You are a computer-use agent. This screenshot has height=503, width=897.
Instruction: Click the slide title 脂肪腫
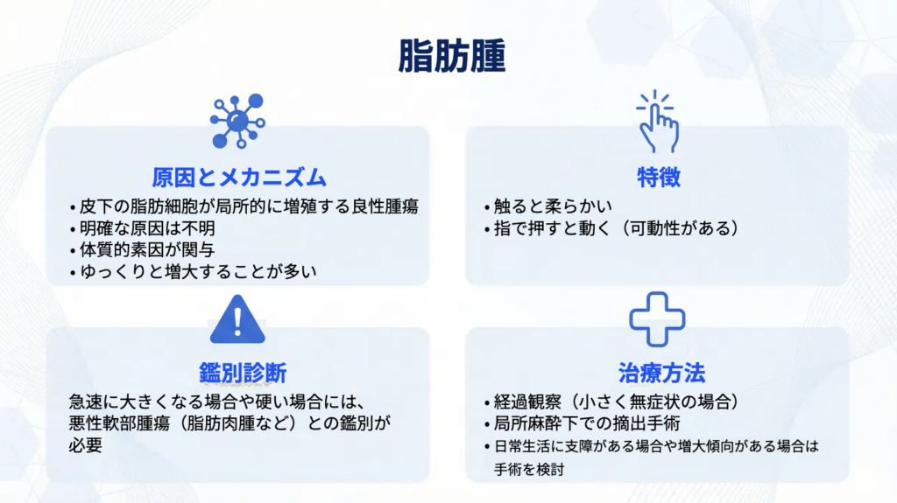tap(452, 56)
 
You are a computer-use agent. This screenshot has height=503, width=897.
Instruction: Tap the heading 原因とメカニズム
tap(239, 178)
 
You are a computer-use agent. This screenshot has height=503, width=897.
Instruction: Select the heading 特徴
tap(659, 178)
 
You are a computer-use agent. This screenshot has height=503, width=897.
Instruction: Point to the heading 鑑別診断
tap(243, 373)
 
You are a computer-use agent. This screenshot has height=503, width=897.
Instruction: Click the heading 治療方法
tap(662, 373)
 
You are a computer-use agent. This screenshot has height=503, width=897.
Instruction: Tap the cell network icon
tap(238, 122)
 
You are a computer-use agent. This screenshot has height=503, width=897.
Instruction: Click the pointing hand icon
tap(658, 122)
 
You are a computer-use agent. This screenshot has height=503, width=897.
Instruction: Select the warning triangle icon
tap(237, 320)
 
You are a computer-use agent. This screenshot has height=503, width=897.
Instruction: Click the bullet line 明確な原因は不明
tap(143, 228)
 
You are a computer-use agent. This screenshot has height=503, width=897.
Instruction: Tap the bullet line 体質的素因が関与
tap(143, 250)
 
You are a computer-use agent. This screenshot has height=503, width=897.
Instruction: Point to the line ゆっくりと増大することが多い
tap(193, 271)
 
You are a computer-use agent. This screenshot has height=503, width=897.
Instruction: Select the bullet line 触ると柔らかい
tap(547, 206)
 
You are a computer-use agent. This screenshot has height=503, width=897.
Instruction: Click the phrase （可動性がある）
tap(681, 228)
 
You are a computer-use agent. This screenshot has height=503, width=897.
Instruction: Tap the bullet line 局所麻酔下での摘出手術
tap(582, 423)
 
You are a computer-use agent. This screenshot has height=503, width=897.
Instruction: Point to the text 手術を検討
tap(529, 469)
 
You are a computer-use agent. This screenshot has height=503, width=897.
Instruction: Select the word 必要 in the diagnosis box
tap(86, 445)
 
